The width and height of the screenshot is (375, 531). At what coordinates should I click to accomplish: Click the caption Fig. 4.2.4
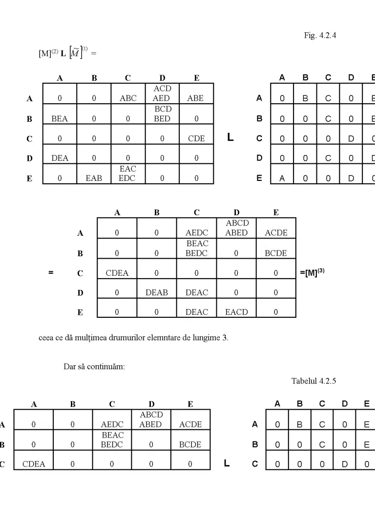tap(320, 36)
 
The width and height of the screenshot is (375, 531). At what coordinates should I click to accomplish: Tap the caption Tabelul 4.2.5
tap(314, 381)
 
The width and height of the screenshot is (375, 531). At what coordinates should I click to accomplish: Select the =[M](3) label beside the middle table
tap(312, 272)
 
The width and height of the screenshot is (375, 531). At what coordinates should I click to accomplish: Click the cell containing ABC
tap(128, 93)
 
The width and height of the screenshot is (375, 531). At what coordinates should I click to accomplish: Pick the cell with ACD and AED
tap(162, 93)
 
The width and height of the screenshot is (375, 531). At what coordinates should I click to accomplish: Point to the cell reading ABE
tap(196, 93)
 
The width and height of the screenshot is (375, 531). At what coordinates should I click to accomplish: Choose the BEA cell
tap(60, 114)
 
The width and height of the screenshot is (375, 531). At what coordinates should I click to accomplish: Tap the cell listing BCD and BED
tap(162, 114)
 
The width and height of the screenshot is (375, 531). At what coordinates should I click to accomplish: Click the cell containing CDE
tap(196, 134)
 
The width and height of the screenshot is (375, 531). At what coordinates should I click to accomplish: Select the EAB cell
tap(94, 174)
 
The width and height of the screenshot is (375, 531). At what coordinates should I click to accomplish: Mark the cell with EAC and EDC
tap(128, 174)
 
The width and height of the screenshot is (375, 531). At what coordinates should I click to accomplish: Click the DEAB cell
tap(157, 288)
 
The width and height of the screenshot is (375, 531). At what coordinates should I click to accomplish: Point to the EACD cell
tap(236, 308)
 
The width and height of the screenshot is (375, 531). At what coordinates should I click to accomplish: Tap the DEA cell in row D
tap(60, 154)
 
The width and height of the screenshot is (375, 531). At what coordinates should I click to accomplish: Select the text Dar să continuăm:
tap(94, 367)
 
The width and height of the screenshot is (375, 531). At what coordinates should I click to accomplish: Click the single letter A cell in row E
tap(282, 174)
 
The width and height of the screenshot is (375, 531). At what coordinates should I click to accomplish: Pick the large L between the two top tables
tap(230, 137)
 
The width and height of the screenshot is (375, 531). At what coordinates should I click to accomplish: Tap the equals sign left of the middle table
tap(51, 272)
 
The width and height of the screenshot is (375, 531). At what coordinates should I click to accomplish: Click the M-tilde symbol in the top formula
tap(76, 52)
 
